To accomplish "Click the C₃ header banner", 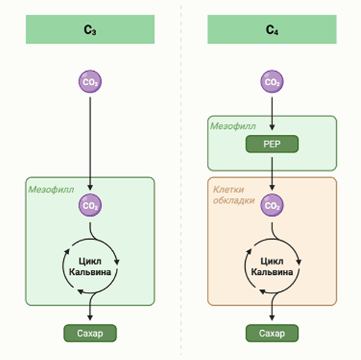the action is point(90,29).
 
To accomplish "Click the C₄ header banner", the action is point(272,29).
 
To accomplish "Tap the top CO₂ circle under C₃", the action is point(90,81).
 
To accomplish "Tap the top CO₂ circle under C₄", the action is point(272,81).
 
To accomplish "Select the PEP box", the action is point(272,144).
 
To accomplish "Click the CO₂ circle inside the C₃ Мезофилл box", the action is point(90,205).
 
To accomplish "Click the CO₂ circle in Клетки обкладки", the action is point(272,205).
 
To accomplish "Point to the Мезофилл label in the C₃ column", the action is point(51,189).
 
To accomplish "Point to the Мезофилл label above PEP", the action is point(233,126).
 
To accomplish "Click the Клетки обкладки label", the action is point(234,195).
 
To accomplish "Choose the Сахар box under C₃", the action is point(90,333).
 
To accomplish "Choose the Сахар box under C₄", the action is point(272,333).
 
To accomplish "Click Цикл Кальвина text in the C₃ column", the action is point(90,267).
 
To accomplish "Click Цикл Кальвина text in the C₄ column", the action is point(272,267).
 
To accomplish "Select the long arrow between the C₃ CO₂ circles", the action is point(90,144).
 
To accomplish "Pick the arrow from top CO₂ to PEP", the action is point(272,114).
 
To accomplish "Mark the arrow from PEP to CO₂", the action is point(272,174).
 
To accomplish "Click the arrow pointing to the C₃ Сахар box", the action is point(90,306).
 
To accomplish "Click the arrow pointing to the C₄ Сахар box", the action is point(272,306).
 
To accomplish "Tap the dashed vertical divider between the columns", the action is point(181,180).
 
